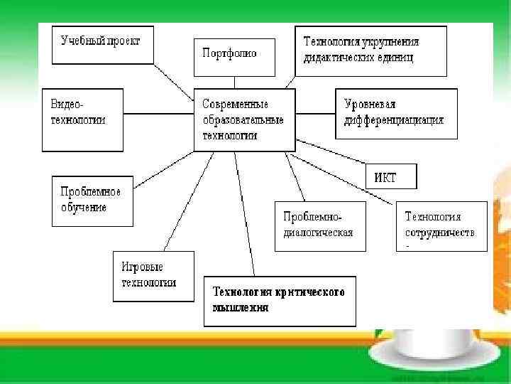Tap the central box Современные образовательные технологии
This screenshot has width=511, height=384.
pos(243,119)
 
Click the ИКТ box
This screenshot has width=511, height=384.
pos(390,176)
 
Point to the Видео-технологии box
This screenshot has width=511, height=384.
pos(82,119)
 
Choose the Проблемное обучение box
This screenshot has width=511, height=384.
pos(92,201)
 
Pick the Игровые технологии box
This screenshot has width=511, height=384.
pos(153,275)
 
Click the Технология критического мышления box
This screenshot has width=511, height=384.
pos(280,301)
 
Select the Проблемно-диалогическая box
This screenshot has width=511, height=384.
pos(319,226)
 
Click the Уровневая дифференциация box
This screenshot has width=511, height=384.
pos(396,113)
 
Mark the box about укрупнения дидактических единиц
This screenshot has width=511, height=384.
pos(370,50)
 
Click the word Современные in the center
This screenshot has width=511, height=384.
pos(235,104)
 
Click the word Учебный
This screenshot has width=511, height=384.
pos(80,41)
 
